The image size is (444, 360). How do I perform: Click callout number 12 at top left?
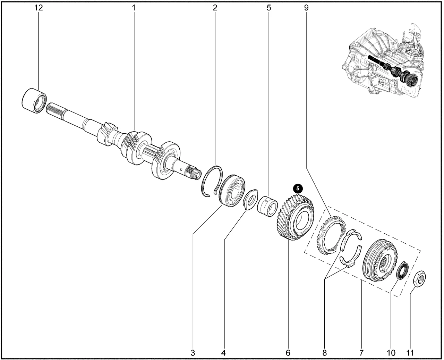click(x=39, y=8)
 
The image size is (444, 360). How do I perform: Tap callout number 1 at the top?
click(x=134, y=8)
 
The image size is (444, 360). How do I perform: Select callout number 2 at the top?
click(x=215, y=8)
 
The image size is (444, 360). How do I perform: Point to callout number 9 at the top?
click(x=306, y=8)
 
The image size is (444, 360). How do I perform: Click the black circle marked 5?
click(x=298, y=189)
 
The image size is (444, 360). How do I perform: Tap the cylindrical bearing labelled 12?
click(x=34, y=101)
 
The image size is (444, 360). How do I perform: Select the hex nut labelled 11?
click(x=419, y=279)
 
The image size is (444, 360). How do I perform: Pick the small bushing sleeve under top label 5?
click(x=267, y=206)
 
